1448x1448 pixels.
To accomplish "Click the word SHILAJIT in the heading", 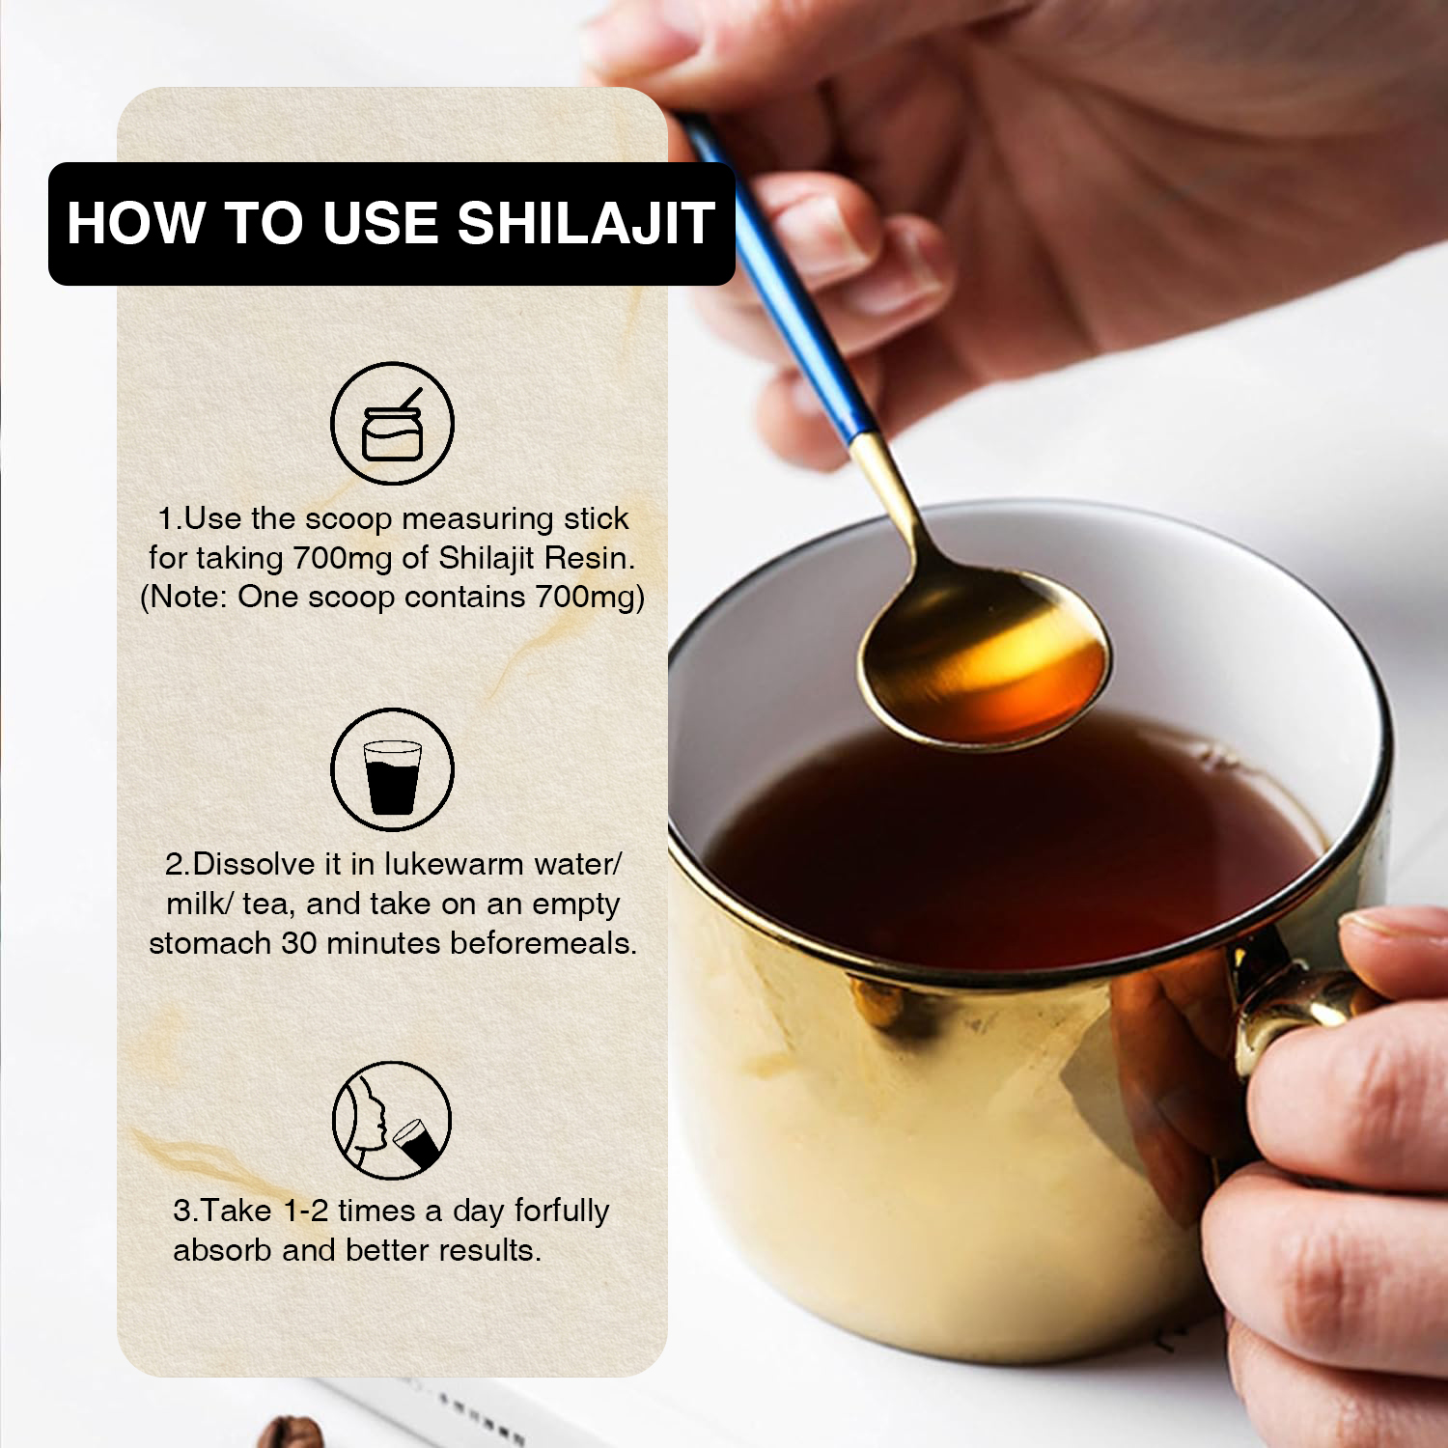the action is (x=586, y=223).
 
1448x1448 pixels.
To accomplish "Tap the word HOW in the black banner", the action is (x=136, y=223).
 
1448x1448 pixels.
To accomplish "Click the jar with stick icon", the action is (x=392, y=424).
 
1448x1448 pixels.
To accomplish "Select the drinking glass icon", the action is (x=392, y=769).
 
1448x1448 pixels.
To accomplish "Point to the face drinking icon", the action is (x=392, y=1120).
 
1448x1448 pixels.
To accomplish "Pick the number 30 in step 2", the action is (x=299, y=943).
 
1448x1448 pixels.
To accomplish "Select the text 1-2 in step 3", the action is (x=306, y=1211).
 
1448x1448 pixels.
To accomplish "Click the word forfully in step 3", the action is (x=562, y=1211).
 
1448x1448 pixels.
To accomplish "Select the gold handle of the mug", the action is (x=1294, y=1004).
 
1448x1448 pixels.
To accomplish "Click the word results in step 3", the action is (x=489, y=1250).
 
